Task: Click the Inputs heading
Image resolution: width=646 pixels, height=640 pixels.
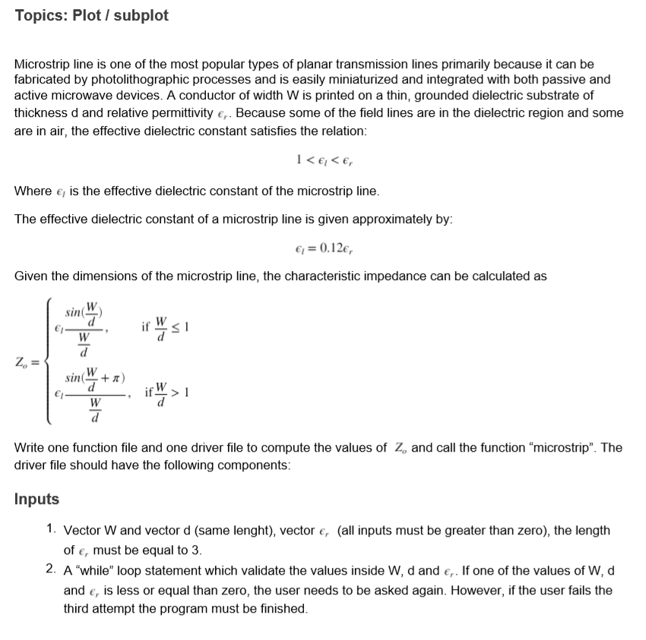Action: [36, 499]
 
